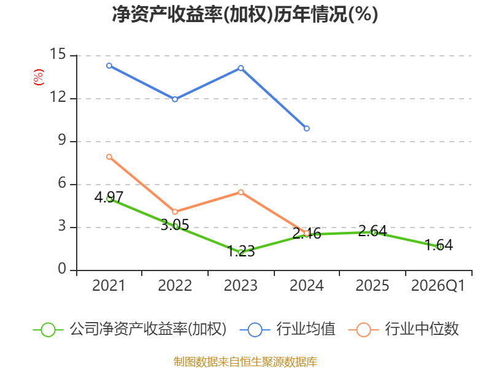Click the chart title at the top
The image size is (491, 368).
[x=245, y=14]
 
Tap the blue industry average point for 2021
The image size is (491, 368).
[x=109, y=66]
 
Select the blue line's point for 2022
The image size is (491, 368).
[x=175, y=99]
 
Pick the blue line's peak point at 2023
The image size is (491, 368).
[x=241, y=68]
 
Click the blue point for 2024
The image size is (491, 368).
[x=306, y=128]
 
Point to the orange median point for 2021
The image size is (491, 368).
[x=109, y=157]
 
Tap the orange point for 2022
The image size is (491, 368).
[x=175, y=212]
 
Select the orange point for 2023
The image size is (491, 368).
[x=241, y=192]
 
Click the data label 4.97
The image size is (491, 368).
[x=109, y=197]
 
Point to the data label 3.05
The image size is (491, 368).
[x=175, y=224]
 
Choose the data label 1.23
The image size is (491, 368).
[x=241, y=251]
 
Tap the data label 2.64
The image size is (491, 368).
[x=373, y=231]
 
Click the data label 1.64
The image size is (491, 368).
[x=438, y=245]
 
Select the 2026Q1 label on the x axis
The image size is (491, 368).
[x=438, y=286]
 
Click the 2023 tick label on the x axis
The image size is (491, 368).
[x=241, y=286]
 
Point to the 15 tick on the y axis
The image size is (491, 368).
[x=58, y=54]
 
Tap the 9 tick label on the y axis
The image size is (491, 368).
[x=62, y=140]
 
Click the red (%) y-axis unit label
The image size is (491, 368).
[x=39, y=77]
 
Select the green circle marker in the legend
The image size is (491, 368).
[x=48, y=330]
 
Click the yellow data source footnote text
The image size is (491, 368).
[x=245, y=362]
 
